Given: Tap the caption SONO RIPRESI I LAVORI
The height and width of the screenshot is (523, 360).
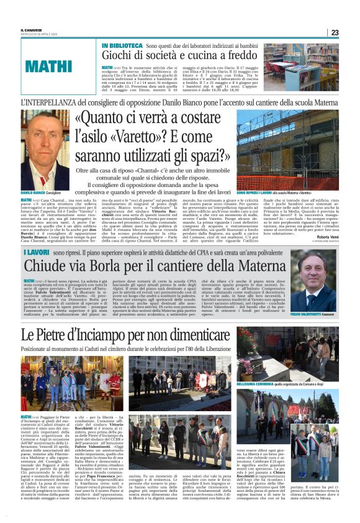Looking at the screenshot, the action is pos(251,194).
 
